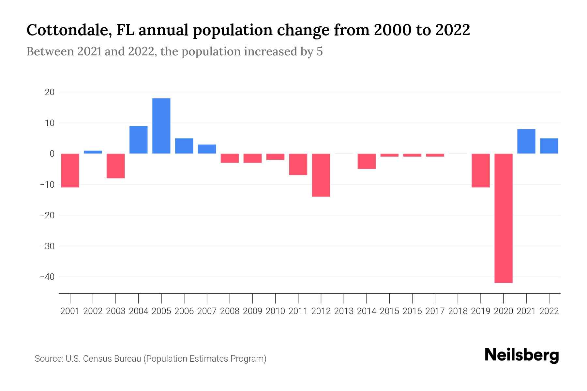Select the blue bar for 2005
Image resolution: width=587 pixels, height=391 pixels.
pos(161,126)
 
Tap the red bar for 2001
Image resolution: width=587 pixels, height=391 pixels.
pos(70,170)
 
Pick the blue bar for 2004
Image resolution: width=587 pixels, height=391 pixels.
pos(138,140)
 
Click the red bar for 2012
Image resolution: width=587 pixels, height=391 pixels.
pos(321,175)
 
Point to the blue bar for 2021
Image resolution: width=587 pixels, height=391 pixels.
pos(526,141)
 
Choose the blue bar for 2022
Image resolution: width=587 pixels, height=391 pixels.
pos(549,146)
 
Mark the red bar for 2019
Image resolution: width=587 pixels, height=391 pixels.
pos(480,170)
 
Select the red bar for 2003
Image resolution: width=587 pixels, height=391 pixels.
pos(116,166)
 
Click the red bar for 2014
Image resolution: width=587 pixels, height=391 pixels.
pos(367,161)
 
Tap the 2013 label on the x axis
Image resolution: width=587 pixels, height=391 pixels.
pos(344,311)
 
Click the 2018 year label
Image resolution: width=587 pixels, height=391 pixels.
pos(458,311)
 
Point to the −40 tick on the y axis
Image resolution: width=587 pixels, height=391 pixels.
pos(47,277)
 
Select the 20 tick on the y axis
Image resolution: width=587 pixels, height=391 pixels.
pos(50,92)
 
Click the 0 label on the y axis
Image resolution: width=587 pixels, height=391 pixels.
pos(52,154)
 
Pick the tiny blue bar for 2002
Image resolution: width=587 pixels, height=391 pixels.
pos(93,152)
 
